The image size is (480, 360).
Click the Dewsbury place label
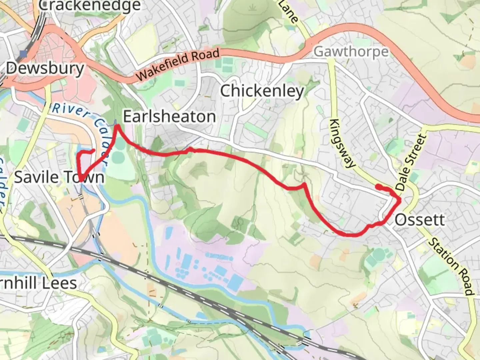(45, 69)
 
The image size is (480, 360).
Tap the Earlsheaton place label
(169, 117)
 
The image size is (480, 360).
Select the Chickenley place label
(262, 91)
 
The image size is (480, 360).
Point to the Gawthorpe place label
(351, 52)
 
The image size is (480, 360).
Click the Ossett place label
(420, 220)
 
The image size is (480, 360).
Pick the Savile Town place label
(59, 177)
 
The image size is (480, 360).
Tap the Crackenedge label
(90, 6)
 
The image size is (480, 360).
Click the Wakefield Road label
(178, 64)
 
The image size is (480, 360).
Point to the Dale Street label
(411, 162)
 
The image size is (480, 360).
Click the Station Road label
(451, 266)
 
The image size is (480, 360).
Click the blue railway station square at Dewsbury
(23, 53)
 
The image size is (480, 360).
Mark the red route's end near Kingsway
(378, 186)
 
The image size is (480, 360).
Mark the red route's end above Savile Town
(93, 151)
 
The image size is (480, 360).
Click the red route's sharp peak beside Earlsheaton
(117, 126)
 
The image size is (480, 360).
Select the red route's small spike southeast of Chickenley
(304, 184)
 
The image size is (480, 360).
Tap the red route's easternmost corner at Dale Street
(400, 200)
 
